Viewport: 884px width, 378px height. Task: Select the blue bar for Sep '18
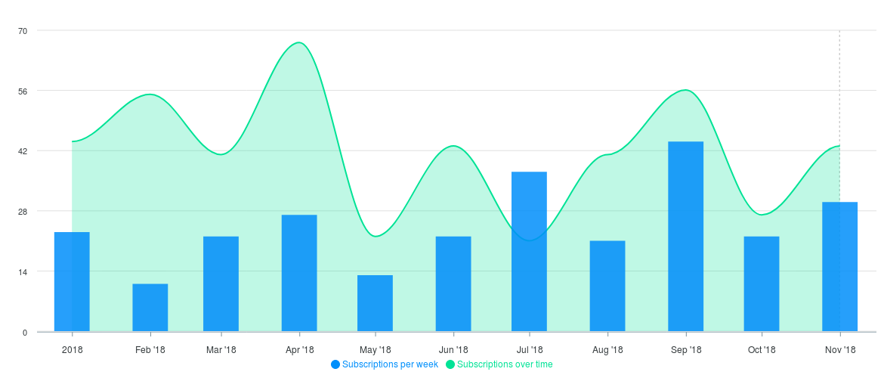(x=685, y=236)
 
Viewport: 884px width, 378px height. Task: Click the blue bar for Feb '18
(x=150, y=307)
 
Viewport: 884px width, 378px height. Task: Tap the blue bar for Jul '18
(x=529, y=251)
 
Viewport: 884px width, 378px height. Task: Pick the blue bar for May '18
(x=375, y=302)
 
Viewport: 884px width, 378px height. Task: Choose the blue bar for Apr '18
(x=299, y=272)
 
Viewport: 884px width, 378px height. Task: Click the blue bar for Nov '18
(x=839, y=266)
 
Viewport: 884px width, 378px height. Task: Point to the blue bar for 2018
(x=72, y=281)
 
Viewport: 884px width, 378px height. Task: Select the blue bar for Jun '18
(x=453, y=283)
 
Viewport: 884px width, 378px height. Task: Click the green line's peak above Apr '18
(x=299, y=42)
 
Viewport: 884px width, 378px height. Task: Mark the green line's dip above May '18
(x=376, y=237)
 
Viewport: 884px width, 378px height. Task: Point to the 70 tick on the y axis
(x=23, y=31)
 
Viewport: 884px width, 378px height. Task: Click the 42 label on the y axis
(x=23, y=151)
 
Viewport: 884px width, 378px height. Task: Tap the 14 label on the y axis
(x=23, y=271)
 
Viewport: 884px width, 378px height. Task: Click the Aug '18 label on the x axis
(x=607, y=350)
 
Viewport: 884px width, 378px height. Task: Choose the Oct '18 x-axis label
(x=762, y=350)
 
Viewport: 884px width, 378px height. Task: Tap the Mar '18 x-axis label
(x=221, y=350)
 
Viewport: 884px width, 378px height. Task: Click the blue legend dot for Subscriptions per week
(x=335, y=364)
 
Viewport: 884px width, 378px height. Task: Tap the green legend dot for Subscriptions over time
(x=450, y=364)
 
